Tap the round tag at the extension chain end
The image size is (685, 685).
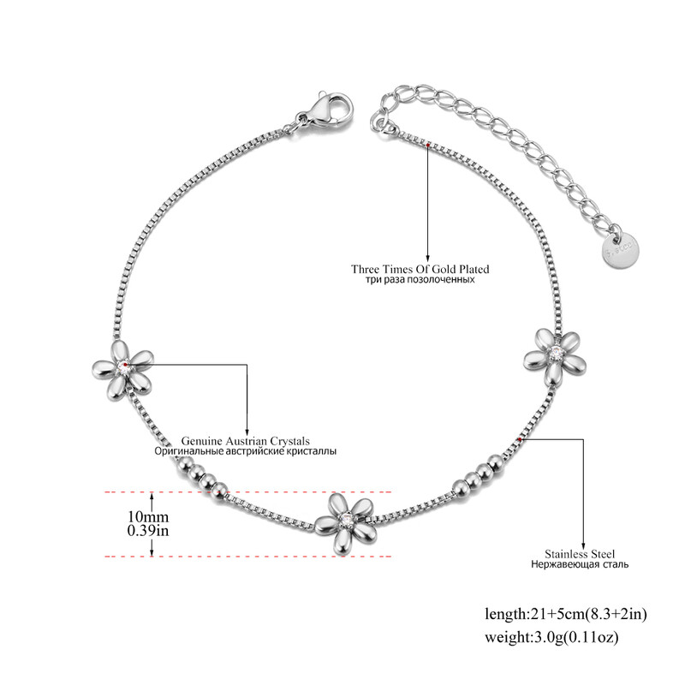pos(620,250)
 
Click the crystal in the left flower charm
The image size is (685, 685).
pos(123,368)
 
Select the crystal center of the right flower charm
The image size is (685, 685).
pos(556,352)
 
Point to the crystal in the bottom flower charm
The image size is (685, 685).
pos(348,520)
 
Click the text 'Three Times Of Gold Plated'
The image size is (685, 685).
pos(420,269)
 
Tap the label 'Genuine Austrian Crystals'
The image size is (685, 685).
pos(246,441)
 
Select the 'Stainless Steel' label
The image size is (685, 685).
pos(580,554)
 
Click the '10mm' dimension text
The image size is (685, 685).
pos(148,517)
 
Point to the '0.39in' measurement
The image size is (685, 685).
pos(148,530)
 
